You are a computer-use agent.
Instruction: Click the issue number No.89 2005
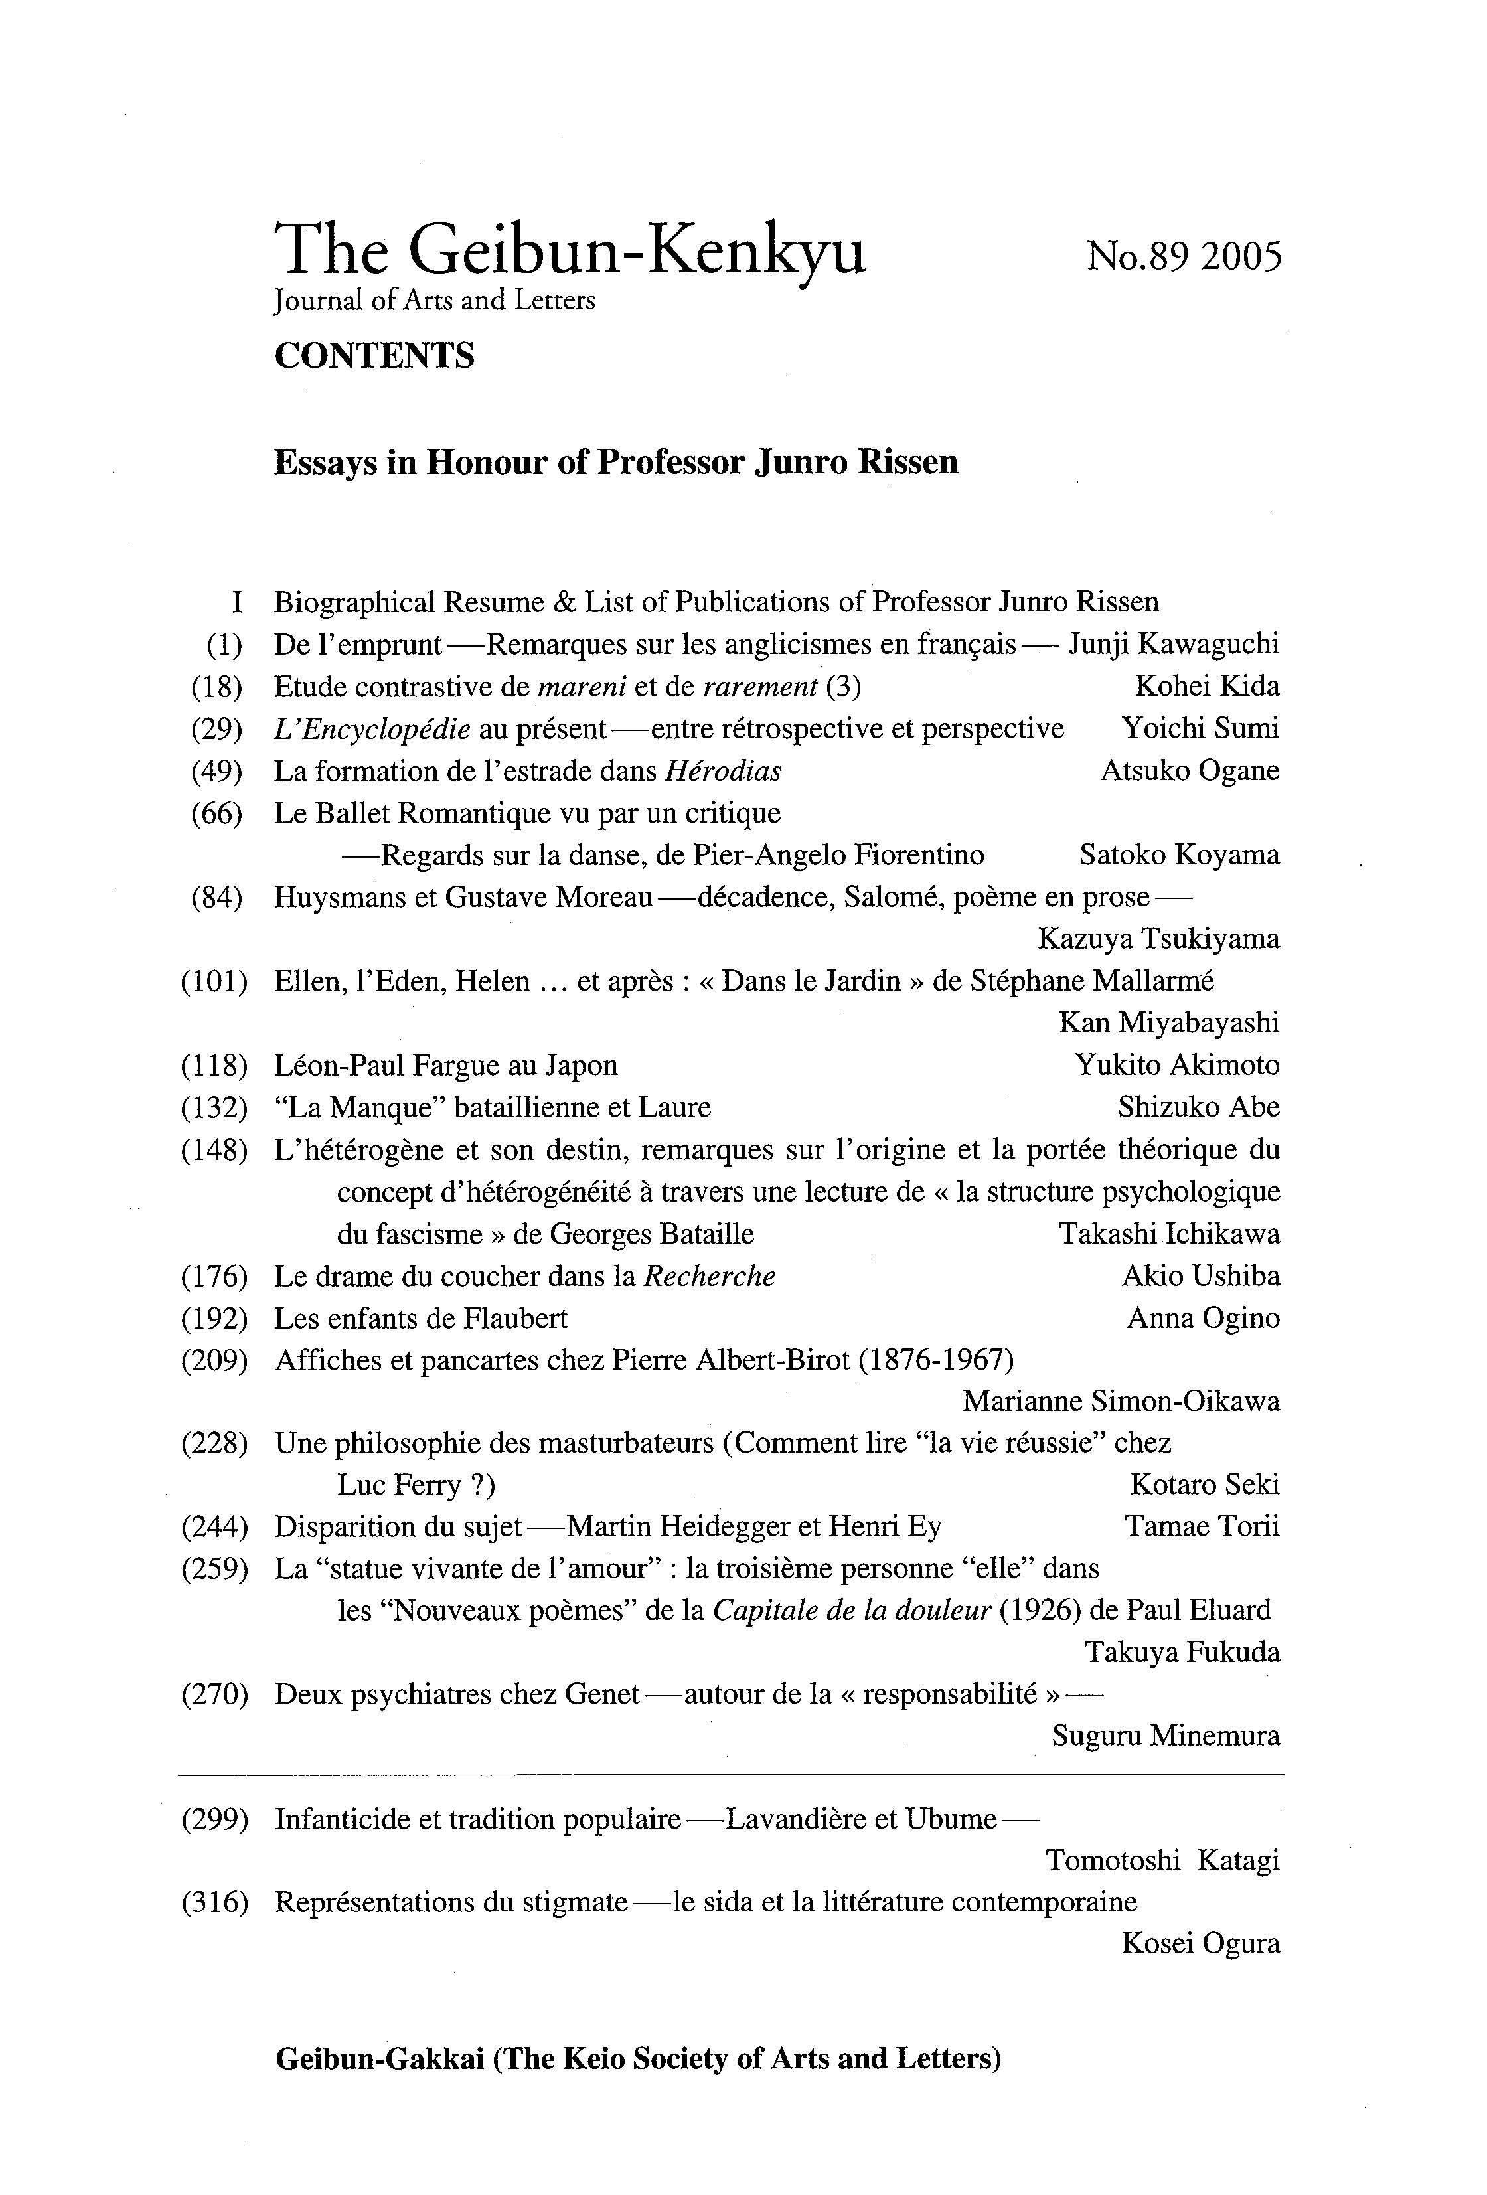(1183, 256)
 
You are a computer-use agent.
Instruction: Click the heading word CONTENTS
(374, 356)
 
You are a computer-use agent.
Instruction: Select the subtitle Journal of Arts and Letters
(434, 301)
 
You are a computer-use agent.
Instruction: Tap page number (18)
(216, 687)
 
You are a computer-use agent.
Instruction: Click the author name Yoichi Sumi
(1200, 728)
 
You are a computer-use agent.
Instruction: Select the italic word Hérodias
(723, 772)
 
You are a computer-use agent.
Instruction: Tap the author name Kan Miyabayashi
(1169, 1023)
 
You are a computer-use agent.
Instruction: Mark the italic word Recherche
(709, 1276)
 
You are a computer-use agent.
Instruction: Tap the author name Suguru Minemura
(1165, 1736)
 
